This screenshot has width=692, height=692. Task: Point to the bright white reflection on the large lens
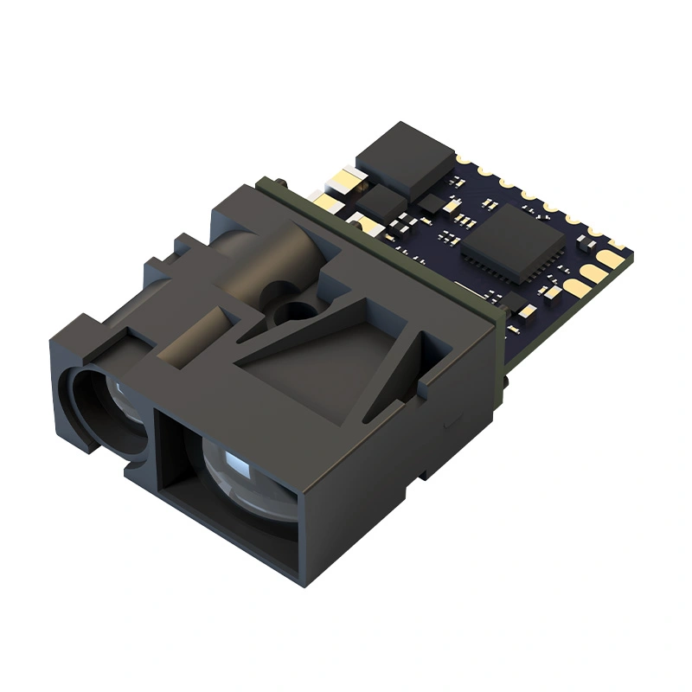point(236,458)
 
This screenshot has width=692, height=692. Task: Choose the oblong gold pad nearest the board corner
point(612,258)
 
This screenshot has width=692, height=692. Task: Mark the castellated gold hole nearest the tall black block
point(468,158)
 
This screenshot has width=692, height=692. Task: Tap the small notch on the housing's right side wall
point(445,423)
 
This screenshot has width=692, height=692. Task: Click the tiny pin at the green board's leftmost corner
point(261,182)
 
